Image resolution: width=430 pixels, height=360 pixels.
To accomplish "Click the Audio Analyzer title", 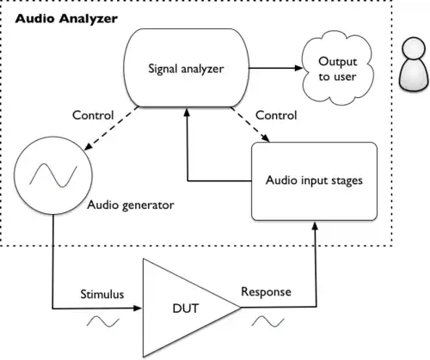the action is [x=66, y=19].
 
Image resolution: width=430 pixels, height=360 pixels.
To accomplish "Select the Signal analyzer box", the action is [x=186, y=68].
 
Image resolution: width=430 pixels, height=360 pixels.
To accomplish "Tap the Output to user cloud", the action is [x=338, y=69].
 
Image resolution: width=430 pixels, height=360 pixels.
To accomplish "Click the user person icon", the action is [x=415, y=65].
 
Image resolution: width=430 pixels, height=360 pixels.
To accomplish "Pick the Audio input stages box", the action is [x=314, y=181].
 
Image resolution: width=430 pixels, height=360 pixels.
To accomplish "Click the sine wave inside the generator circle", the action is [x=53, y=175].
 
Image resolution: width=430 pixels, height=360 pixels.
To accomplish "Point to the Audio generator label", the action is [x=131, y=205].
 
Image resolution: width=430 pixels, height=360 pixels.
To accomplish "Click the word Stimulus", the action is [x=102, y=295].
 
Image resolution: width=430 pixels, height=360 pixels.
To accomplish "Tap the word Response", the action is [x=266, y=292].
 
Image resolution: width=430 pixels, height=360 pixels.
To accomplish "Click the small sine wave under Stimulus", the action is [x=103, y=321].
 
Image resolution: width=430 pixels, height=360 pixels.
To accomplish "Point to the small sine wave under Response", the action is [x=268, y=321].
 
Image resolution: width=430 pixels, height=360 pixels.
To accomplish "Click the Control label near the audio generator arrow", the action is [x=93, y=115].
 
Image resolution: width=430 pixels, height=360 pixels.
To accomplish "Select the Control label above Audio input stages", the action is [x=276, y=115].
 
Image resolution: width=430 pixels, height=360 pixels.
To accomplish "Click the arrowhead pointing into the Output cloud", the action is [x=299, y=68].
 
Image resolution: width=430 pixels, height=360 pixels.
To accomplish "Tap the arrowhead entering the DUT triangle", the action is [x=138, y=308].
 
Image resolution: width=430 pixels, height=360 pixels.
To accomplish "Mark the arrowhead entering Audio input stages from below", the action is [x=315, y=225].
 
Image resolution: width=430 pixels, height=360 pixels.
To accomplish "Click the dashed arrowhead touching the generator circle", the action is [x=89, y=146].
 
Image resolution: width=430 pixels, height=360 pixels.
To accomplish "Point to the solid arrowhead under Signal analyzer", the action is [x=187, y=112].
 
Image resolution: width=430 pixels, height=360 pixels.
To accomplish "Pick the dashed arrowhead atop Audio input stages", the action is [x=267, y=138].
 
